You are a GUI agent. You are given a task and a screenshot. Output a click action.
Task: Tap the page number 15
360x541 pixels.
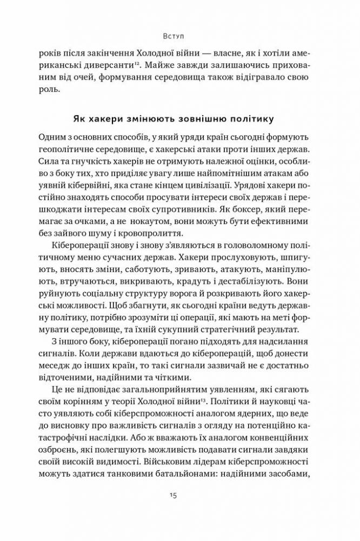[x=173, y=511]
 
